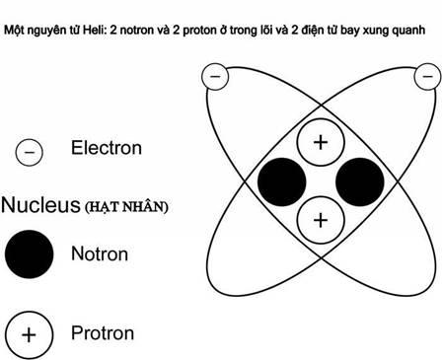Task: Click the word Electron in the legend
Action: (107, 148)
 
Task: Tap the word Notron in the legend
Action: (100, 254)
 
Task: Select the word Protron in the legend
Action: (103, 333)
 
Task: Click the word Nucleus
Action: (40, 205)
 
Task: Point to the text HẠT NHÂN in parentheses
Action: (126, 207)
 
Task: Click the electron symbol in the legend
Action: (30, 152)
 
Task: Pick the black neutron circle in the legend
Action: (30, 254)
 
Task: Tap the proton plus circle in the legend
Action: (29, 335)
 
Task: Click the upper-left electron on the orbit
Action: (215, 77)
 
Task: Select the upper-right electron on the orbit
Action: (427, 77)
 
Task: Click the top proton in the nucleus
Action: (321, 142)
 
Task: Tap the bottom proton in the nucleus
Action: (321, 220)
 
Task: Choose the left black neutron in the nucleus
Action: (282, 181)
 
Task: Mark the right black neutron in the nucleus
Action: (360, 181)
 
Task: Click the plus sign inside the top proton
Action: (321, 142)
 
